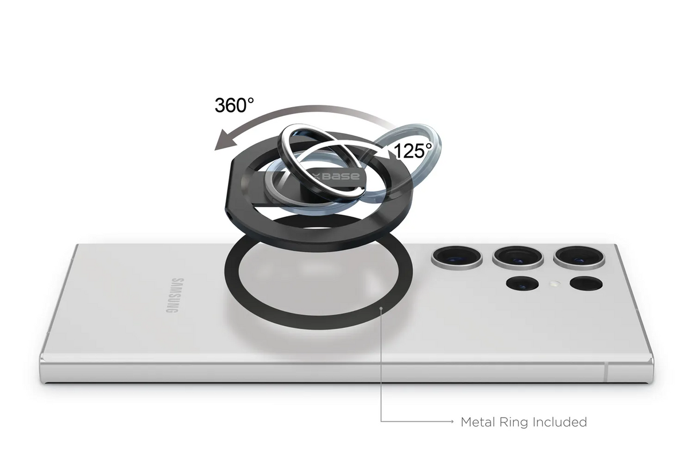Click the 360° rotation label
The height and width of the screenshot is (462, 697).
(234, 105)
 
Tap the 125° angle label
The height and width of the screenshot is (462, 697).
(413, 151)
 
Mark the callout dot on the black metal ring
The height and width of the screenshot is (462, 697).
(381, 308)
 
